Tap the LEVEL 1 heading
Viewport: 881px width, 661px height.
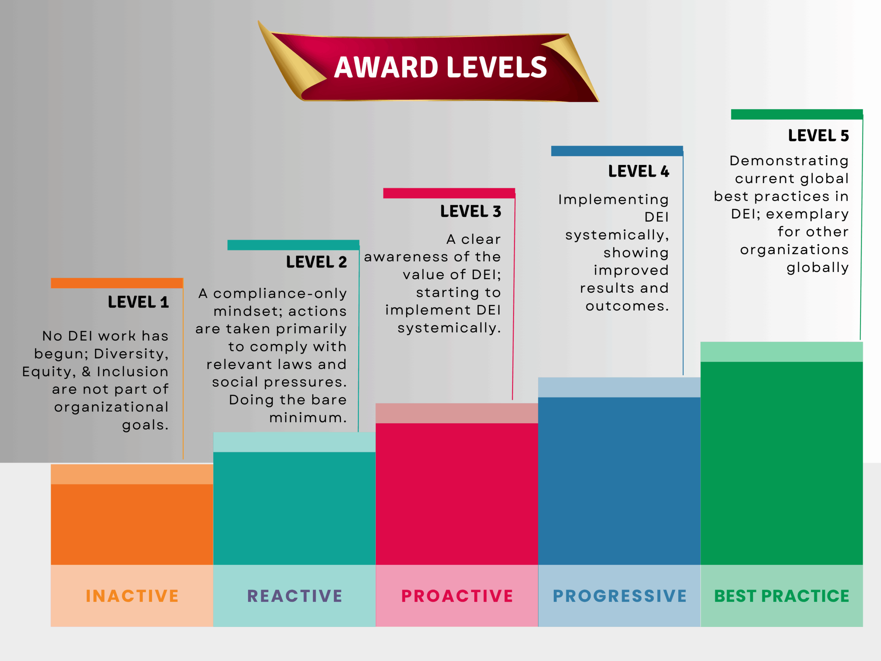pyautogui.click(x=138, y=302)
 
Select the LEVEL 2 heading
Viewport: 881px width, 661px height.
pyautogui.click(x=316, y=262)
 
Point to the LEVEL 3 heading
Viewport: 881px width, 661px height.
pyautogui.click(x=470, y=211)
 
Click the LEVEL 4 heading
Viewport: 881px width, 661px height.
pyautogui.click(x=638, y=171)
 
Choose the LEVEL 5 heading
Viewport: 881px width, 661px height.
pyautogui.click(x=818, y=135)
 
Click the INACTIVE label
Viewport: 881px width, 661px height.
pyautogui.click(x=132, y=596)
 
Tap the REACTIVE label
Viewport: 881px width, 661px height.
pyautogui.click(x=295, y=596)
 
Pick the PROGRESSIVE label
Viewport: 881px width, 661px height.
pyautogui.click(x=620, y=596)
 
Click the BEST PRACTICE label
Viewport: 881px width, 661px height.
pyautogui.click(x=782, y=596)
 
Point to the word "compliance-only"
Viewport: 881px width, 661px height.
pyautogui.click(x=280, y=294)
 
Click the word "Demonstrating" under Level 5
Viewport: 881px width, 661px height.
pyautogui.click(x=789, y=161)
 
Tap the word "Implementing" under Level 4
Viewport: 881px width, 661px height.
pyautogui.click(x=613, y=200)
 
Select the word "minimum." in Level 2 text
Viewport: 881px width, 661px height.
pyautogui.click(x=308, y=418)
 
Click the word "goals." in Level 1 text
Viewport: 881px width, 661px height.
pyautogui.click(x=145, y=425)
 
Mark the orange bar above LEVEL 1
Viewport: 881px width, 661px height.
pyautogui.click(x=117, y=283)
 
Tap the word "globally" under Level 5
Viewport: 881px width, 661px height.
pyautogui.click(x=818, y=268)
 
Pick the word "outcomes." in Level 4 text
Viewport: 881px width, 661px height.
pyautogui.click(x=627, y=306)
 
